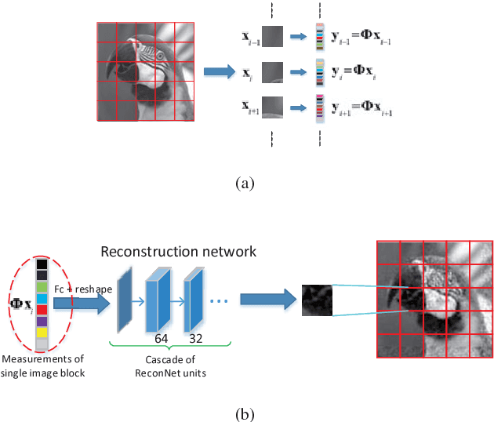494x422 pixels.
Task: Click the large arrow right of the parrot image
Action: pos(220,71)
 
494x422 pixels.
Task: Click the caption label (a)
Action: pos(246,184)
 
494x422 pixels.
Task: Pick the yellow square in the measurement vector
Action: pos(42,333)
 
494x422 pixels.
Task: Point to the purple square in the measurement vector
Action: pos(42,320)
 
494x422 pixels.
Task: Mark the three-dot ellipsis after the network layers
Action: pos(220,302)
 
